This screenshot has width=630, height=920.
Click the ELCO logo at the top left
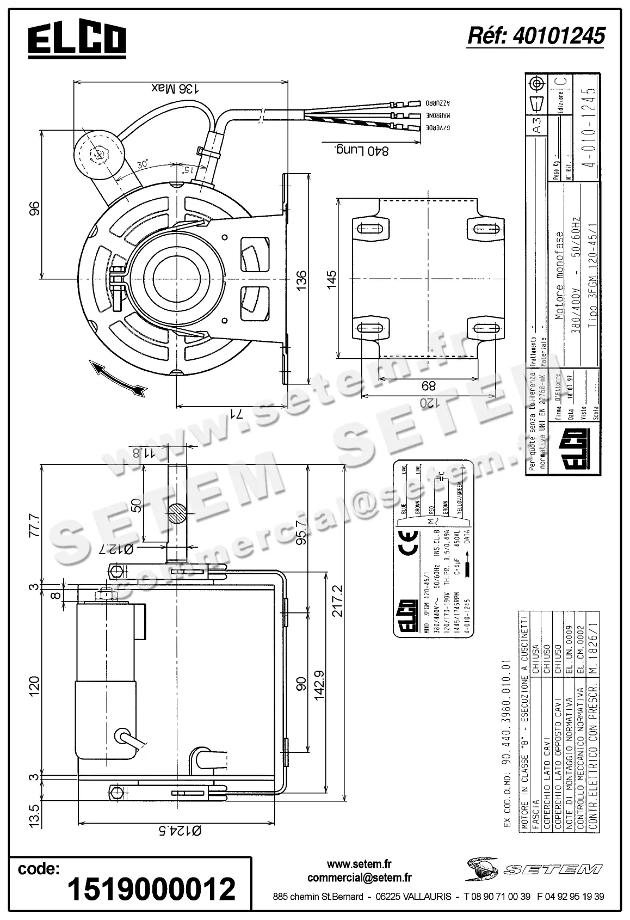(x=77, y=41)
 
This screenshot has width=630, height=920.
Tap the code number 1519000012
(x=151, y=888)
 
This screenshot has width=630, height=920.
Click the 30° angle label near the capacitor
(x=143, y=165)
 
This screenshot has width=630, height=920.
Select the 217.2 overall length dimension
(x=337, y=600)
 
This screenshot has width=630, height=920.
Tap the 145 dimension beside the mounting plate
(x=332, y=279)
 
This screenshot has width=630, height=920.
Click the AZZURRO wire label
(x=439, y=102)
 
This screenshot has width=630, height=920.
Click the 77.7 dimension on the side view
(x=34, y=524)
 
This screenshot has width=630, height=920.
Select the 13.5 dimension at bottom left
(x=34, y=814)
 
